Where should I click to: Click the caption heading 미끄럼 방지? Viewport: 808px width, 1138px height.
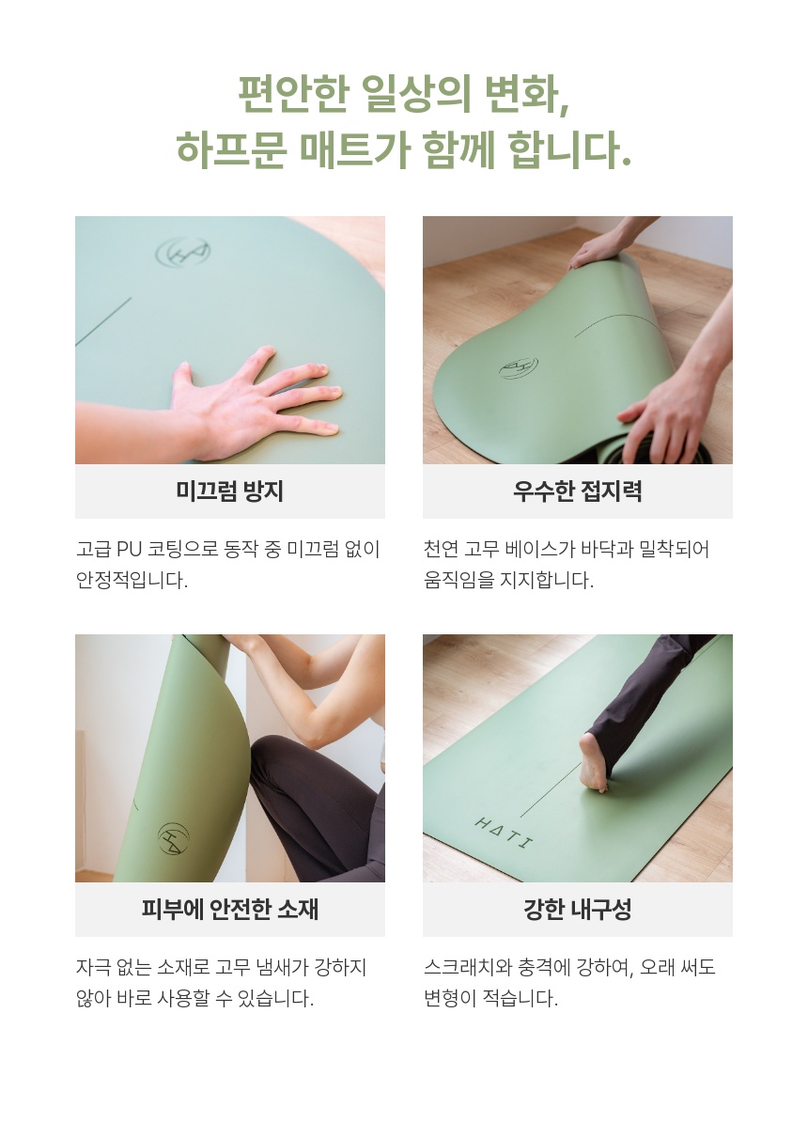pos(229,491)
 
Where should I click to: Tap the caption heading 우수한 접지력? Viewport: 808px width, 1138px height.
pos(578,491)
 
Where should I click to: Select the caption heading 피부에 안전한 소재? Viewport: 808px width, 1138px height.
pos(229,910)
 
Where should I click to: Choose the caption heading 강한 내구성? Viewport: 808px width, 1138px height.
pos(578,910)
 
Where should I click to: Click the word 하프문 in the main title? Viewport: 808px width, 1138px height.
pos(232,151)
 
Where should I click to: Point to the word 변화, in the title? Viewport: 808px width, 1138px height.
pos(527,95)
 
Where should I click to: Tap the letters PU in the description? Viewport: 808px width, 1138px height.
pos(129,549)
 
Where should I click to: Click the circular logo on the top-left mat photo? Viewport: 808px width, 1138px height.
pos(183,252)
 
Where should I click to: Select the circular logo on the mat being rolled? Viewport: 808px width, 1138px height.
pos(518,367)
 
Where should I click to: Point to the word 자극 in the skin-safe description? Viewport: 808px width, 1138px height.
pos(93,967)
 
